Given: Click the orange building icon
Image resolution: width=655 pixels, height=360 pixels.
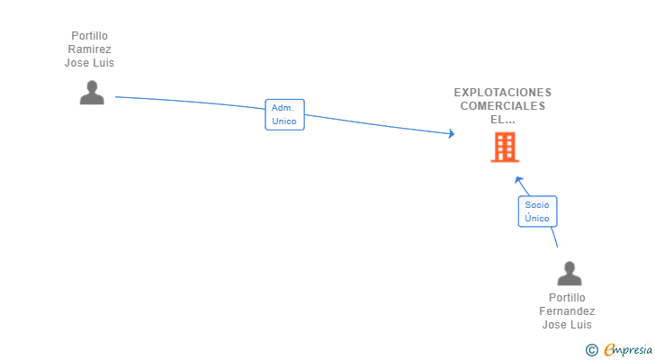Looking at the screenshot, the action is click(504, 147).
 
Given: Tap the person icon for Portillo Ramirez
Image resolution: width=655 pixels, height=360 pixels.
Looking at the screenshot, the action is click(92, 93).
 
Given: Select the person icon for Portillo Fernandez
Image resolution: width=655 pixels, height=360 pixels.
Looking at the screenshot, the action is click(569, 274).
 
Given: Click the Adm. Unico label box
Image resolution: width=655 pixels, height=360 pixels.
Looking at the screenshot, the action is click(284, 114).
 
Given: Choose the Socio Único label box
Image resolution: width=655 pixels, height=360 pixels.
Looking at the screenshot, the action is click(537, 211).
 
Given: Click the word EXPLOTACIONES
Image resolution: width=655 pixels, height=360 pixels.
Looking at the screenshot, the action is click(503, 92).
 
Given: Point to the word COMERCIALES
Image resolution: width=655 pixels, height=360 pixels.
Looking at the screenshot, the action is click(503, 105).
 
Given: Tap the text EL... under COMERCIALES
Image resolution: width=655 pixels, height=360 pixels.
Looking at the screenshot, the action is click(503, 119).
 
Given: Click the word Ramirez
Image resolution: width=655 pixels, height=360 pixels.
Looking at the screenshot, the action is click(90, 49).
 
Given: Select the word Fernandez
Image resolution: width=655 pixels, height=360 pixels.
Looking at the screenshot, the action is click(567, 311).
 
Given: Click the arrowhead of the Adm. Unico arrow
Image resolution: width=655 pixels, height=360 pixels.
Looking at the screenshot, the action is click(451, 135).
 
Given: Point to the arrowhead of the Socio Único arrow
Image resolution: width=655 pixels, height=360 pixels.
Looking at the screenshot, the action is click(518, 178).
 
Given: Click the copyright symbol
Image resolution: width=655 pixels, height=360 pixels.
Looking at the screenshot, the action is click(591, 349).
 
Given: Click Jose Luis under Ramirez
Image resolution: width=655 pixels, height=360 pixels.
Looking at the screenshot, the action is click(90, 63).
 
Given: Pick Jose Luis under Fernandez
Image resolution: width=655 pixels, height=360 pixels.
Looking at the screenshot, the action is click(567, 325).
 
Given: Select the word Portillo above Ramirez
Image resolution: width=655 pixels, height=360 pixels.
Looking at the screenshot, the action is click(90, 36).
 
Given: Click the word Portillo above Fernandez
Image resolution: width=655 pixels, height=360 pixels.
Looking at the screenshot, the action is click(567, 298).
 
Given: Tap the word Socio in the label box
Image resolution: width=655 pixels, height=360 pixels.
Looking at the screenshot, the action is click(537, 205).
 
